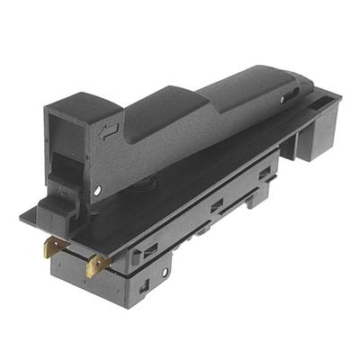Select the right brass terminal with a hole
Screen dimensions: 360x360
pos(97,264)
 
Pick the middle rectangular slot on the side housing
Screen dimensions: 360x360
pos(216,207)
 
